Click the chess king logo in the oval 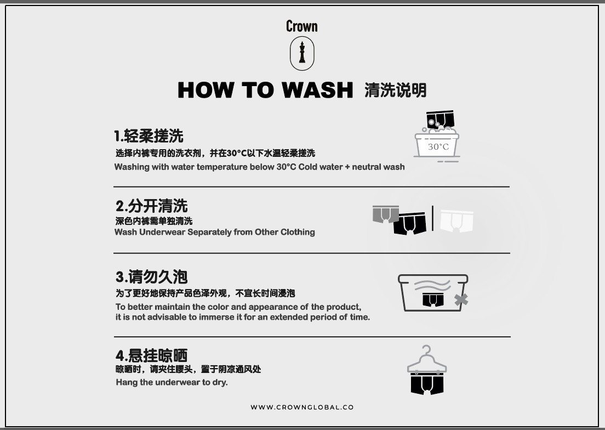tap(302, 53)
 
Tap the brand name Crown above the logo tap(302, 26)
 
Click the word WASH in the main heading tap(317, 90)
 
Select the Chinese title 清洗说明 tap(396, 90)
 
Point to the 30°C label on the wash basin tap(438, 146)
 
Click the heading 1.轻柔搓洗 tap(149, 136)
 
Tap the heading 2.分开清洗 tap(152, 206)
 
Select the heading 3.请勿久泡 tap(152, 277)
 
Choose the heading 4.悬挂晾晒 tap(152, 355)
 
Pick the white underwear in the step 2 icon tap(457, 220)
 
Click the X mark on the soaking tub tap(461, 299)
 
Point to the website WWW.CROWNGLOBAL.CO tap(302, 407)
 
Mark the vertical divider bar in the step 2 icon tap(432, 218)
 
